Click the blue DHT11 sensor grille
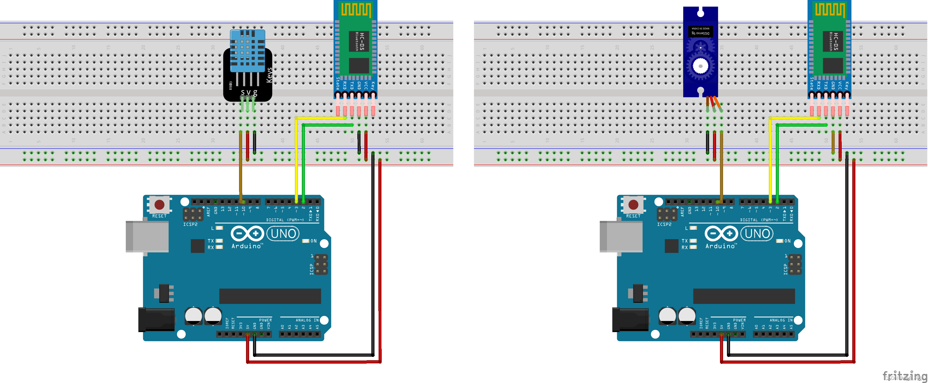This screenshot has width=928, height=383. point(248,51)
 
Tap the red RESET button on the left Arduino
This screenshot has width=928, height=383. point(159,205)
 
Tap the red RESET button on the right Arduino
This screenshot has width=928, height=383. point(633,205)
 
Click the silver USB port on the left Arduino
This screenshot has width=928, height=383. point(147,236)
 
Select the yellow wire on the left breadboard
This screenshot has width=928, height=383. point(296,158)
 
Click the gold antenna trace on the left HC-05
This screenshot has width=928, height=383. point(356,10)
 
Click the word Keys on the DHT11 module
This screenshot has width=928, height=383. point(269,75)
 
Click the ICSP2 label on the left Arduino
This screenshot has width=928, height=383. point(190,225)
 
